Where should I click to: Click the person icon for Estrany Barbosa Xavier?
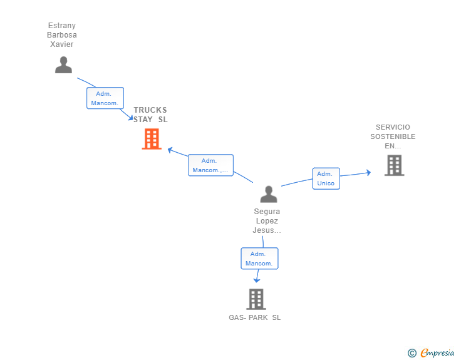[63, 65]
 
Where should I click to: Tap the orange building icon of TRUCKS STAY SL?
[152, 139]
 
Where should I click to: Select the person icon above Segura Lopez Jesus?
[269, 194]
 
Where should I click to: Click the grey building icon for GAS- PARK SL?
[256, 299]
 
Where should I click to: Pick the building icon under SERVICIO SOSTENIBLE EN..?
[395, 165]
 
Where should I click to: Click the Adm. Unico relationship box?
[326, 178]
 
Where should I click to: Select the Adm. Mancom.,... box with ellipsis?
[210, 165]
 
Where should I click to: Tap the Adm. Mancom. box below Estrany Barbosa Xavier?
[105, 98]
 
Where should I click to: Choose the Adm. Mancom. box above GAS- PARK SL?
[259, 259]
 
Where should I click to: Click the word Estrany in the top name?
[62, 26]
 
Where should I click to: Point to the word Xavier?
[61, 44]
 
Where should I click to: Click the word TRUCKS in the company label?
[150, 110]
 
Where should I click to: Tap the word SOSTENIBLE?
[393, 136]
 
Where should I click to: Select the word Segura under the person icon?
[267, 212]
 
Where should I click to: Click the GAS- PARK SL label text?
[255, 317]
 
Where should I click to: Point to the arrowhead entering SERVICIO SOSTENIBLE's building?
[369, 172]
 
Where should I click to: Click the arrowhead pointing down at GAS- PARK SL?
[257, 280]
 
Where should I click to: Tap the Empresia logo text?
[437, 352]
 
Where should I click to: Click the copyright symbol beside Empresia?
[412, 353]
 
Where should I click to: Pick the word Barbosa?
[62, 35]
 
